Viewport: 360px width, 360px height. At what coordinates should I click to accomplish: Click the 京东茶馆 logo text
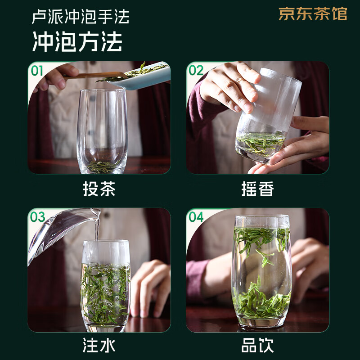point(313,14)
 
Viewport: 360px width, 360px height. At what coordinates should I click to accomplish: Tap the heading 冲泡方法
point(77,42)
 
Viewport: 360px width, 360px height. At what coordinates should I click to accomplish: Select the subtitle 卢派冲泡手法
point(81,17)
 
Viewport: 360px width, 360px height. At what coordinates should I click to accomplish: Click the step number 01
point(37,70)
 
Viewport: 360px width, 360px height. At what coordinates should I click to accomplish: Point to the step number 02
point(196,70)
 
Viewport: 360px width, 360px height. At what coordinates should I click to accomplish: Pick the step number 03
point(37,217)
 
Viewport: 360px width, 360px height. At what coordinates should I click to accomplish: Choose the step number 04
point(196,217)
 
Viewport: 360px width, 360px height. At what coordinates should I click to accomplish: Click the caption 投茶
point(99,189)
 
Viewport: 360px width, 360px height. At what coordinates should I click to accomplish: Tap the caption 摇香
point(257,189)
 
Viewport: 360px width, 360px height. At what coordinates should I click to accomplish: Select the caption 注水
point(99,346)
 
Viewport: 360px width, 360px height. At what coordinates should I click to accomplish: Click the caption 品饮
point(257,346)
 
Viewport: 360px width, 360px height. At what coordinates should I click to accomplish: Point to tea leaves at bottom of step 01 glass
point(101,166)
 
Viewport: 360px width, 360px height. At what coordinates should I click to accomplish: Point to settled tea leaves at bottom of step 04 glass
point(262,301)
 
